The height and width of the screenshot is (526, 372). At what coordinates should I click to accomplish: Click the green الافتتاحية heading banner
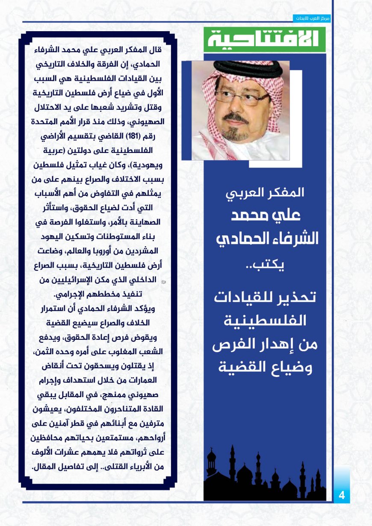[264, 39]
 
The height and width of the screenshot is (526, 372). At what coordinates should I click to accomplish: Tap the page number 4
[341, 496]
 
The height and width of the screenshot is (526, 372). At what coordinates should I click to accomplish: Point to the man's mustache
[235, 118]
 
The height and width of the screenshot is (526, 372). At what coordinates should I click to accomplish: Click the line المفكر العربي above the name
[265, 193]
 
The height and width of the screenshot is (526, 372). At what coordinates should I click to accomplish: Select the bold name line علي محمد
[266, 215]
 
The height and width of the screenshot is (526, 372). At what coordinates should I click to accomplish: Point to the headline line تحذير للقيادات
[265, 297]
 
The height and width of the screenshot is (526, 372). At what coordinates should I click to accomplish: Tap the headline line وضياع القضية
[265, 367]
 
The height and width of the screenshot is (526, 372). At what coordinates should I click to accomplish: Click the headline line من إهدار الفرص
[265, 344]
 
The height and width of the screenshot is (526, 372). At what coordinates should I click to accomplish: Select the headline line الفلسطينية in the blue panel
[265, 320]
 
